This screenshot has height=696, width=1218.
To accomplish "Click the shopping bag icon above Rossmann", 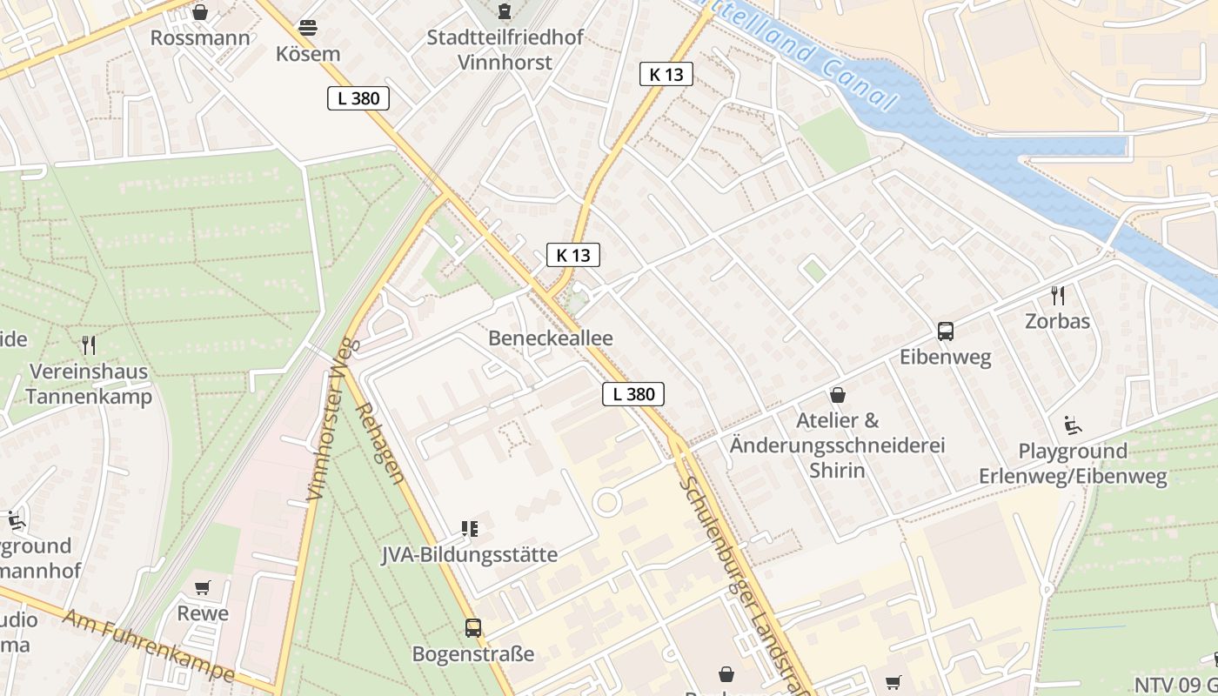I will [200, 12].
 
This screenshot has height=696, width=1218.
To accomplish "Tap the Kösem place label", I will [308, 54].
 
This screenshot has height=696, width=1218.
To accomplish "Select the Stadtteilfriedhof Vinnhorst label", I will [505, 50].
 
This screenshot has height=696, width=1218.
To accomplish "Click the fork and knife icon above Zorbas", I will [1057, 295].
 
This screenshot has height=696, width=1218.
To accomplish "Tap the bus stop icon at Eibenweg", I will [946, 331].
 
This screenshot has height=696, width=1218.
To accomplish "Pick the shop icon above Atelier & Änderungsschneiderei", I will [838, 396].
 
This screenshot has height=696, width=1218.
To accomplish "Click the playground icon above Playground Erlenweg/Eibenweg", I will [1073, 425].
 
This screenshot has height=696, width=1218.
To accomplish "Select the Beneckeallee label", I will [551, 338].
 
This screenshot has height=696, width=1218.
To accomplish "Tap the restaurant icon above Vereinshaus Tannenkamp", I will [88, 345].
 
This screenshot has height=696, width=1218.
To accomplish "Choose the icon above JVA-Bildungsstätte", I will [470, 528].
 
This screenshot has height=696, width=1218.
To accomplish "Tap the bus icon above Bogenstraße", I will [473, 627].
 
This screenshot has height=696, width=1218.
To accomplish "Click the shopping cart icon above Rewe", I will [203, 588].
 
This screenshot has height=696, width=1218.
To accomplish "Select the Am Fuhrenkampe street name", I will [150, 644].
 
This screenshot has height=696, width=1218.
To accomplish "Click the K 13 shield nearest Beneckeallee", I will [573, 255].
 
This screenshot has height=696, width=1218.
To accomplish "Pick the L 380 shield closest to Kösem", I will [358, 98].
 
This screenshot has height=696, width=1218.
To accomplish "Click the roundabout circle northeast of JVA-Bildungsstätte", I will [606, 502].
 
